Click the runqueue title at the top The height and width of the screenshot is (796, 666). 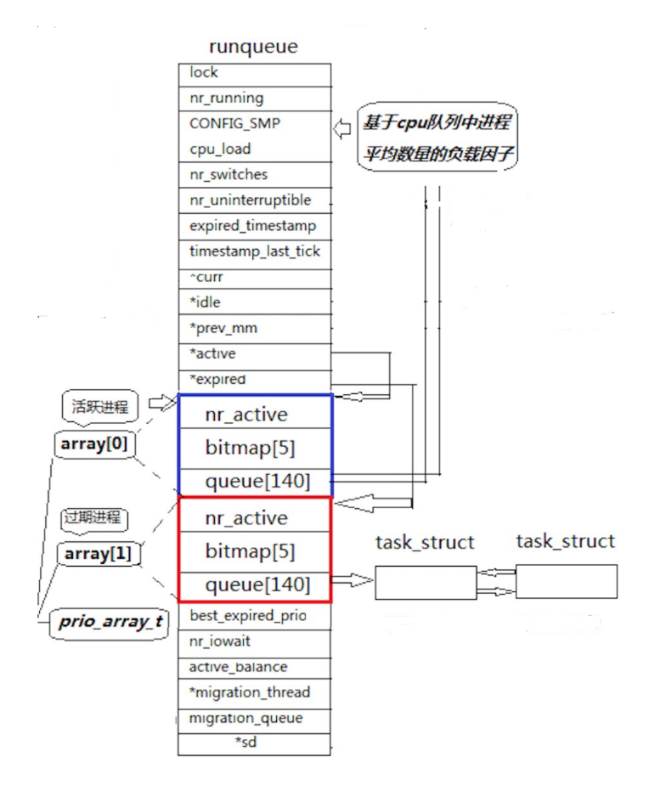253,47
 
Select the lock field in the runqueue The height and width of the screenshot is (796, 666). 204,73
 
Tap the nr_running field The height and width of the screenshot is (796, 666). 226,99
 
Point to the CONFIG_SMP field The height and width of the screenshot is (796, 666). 234,123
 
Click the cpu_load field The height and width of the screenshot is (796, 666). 219,149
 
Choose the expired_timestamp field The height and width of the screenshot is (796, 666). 252,226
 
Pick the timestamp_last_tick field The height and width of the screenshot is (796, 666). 254,251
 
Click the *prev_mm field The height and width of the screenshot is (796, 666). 223,328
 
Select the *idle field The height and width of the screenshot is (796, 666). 206,302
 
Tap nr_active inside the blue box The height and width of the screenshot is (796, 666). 246,415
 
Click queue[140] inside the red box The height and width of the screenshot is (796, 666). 257,585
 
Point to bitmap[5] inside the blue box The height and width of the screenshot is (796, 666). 250,447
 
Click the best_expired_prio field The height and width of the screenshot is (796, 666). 247,616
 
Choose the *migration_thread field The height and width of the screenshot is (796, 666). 249,692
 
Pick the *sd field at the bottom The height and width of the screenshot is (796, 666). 246,743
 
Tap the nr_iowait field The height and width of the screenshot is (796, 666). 220,642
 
